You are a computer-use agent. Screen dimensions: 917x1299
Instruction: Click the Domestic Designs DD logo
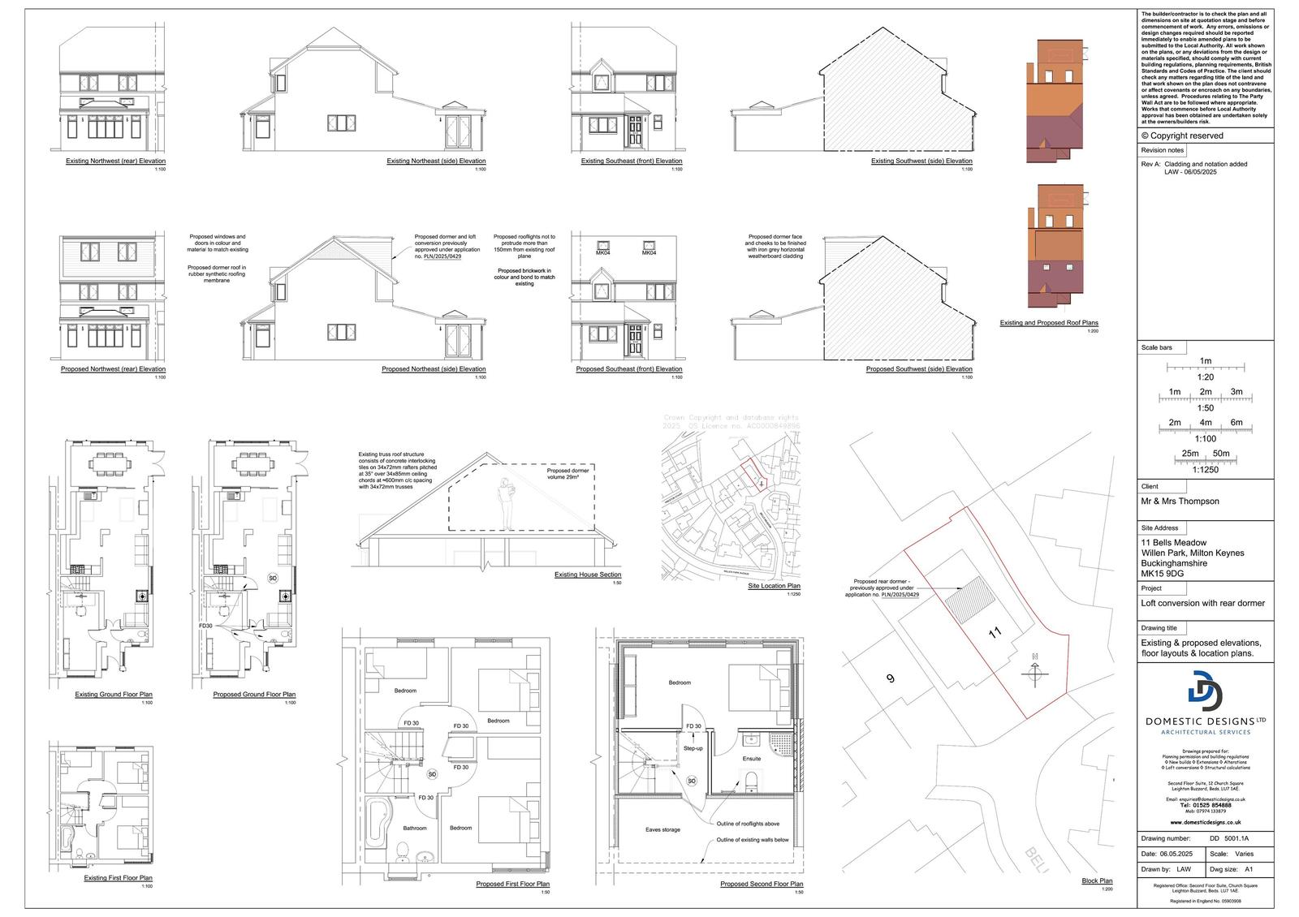coord(1204,691)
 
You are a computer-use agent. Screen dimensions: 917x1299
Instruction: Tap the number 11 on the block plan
coord(994,631)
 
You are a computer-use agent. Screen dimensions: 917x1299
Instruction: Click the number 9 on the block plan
coord(891,678)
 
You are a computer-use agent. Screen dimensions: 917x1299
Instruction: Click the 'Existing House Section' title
coord(588,575)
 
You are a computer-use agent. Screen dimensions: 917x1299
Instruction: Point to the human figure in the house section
coord(506,503)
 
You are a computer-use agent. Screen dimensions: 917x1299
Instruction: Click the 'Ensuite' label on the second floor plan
coord(751,759)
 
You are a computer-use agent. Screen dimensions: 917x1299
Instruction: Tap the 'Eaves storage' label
coord(662,829)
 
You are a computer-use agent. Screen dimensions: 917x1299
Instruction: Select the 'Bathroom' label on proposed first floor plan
coord(414,828)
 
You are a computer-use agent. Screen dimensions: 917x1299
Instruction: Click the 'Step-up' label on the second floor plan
coord(693,747)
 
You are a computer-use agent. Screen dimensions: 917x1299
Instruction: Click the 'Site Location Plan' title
coord(774,586)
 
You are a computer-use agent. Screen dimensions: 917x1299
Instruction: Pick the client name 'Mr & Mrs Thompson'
coord(1180,502)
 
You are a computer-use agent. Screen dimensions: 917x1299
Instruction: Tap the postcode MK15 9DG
coord(1163,574)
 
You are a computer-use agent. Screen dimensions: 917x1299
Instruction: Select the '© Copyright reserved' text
coord(1181,136)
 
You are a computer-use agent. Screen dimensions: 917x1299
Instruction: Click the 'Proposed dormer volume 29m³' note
coord(568,474)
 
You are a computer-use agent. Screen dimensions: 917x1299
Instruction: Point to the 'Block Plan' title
coord(1097,880)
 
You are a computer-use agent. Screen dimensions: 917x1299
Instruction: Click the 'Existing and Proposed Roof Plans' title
coord(1048,323)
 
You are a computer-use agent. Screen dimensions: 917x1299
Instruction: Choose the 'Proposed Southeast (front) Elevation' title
coord(628,369)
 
